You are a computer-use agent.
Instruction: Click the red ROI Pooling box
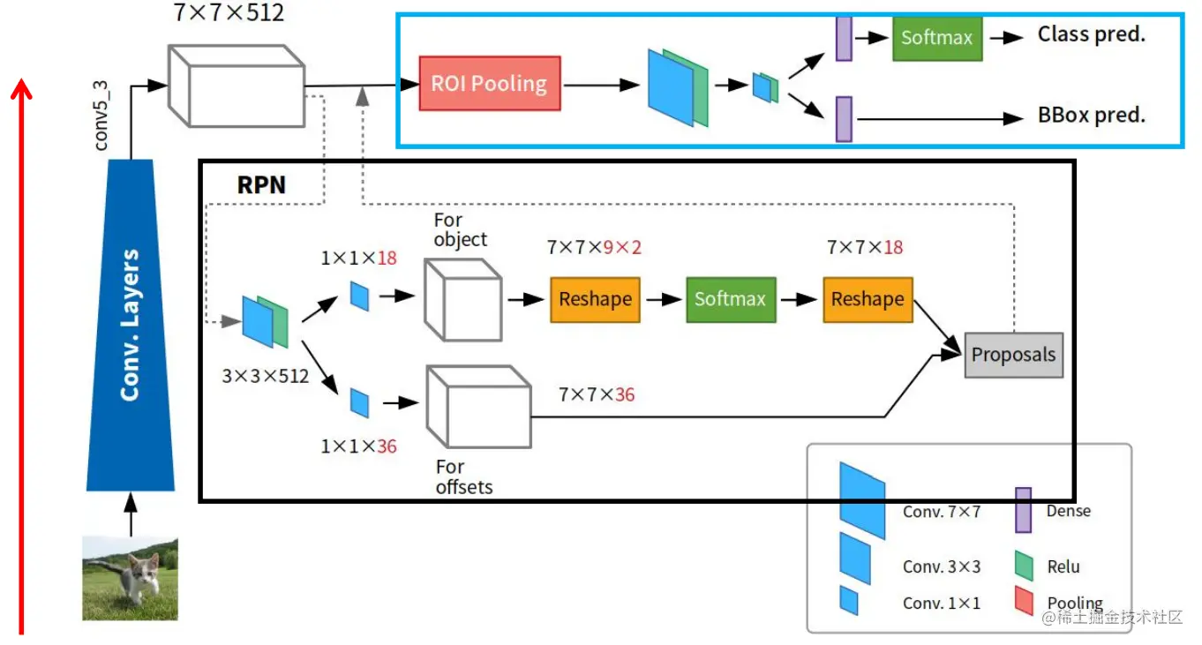[489, 84]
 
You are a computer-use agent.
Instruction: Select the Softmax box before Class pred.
[936, 38]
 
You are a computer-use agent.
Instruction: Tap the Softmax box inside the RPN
[729, 299]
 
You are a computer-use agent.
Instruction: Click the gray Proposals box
[1013, 355]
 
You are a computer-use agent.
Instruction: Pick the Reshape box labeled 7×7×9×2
[595, 299]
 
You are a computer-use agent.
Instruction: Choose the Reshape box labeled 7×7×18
[868, 299]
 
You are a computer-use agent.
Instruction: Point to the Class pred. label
[1091, 35]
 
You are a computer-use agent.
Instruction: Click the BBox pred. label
[1091, 116]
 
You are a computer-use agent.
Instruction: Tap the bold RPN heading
[262, 185]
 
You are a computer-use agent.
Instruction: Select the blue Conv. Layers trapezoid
[131, 326]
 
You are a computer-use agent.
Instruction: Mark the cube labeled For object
[462, 299]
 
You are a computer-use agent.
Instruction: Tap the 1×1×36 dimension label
[358, 446]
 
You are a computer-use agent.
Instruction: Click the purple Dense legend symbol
[1023, 510]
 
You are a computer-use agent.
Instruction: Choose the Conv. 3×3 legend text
[941, 567]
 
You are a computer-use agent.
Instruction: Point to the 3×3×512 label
[265, 376]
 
